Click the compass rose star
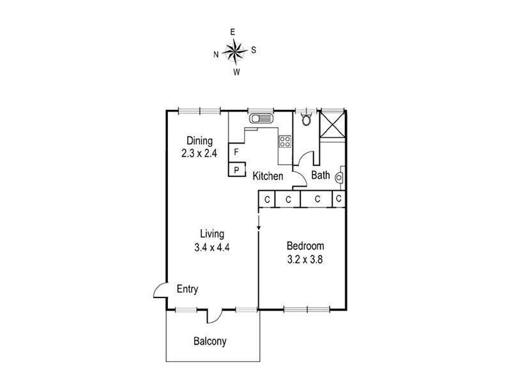click(x=234, y=51)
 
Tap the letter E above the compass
click(x=233, y=32)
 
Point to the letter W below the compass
click(x=236, y=72)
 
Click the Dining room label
click(x=199, y=140)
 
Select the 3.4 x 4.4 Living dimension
click(x=212, y=248)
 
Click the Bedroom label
click(x=305, y=246)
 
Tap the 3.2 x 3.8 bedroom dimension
click(x=305, y=260)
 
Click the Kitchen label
click(x=268, y=176)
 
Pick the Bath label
click(x=321, y=175)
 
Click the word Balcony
click(x=210, y=342)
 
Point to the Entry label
click(x=187, y=289)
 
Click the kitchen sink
click(x=261, y=118)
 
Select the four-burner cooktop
click(x=285, y=141)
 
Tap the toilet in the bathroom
click(x=307, y=119)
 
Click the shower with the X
click(x=332, y=124)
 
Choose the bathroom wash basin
click(x=339, y=178)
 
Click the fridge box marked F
click(x=236, y=152)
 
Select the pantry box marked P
click(x=237, y=169)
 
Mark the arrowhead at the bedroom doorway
click(x=259, y=228)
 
